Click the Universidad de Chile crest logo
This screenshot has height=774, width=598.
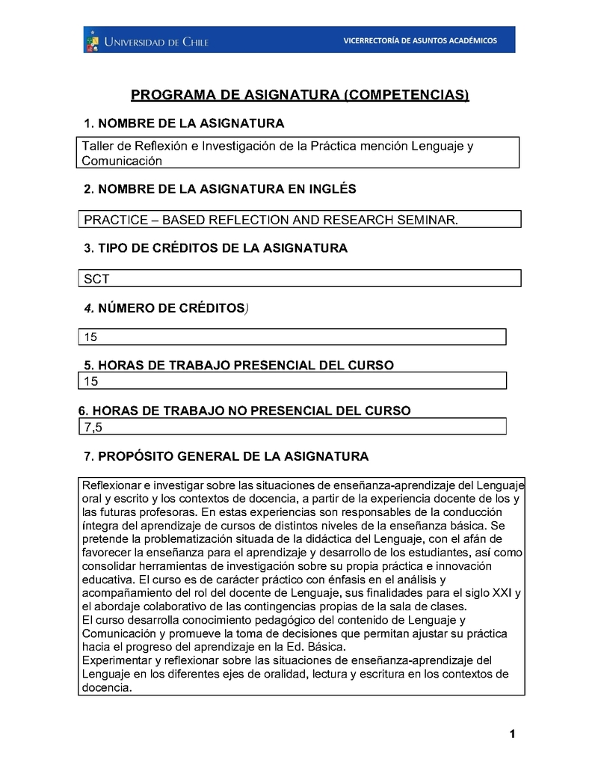tap(92, 40)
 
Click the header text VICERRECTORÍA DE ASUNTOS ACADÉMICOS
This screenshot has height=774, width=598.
tap(419, 40)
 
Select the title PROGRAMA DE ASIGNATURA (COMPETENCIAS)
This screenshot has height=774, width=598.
tap(300, 95)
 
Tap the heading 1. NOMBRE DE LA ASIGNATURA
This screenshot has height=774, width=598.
tap(184, 123)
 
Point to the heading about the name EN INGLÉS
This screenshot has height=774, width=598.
tap(220, 189)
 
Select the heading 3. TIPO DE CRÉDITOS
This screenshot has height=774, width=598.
tap(215, 248)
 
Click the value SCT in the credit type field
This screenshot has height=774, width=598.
tap(96, 279)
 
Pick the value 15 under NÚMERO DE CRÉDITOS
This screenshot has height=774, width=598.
tap(90, 337)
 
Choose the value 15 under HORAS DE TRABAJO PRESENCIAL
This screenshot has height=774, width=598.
tap(90, 381)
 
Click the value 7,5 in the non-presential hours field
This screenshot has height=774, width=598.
tap(93, 427)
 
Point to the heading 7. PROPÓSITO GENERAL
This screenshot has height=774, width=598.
tap(226, 456)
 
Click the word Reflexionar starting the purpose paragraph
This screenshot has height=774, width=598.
tap(112, 485)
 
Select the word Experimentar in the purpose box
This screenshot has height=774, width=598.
tap(117, 660)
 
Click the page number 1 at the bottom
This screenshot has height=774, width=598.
tap(512, 734)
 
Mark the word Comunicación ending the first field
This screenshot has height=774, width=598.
tap(122, 160)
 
